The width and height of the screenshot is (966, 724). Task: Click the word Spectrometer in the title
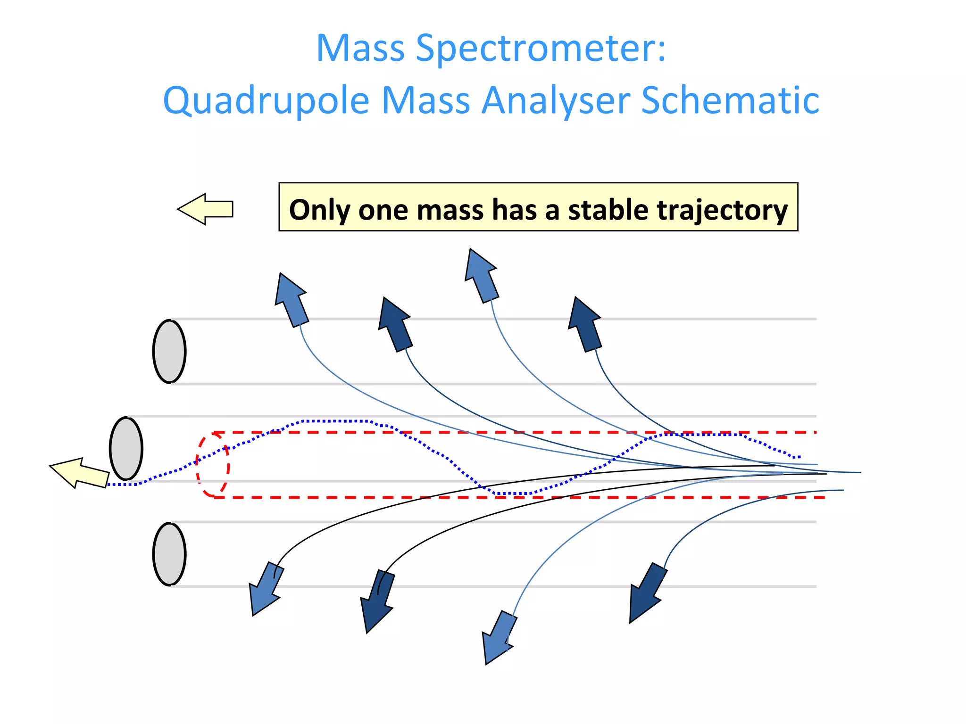(541, 49)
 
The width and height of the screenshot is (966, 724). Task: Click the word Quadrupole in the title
(266, 101)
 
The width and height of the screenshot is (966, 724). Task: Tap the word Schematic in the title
(730, 101)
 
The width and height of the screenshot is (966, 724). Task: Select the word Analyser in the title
(556, 101)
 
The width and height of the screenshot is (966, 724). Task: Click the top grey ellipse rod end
(169, 352)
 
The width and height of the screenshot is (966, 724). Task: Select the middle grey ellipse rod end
(126, 449)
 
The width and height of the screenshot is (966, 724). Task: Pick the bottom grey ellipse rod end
(169, 554)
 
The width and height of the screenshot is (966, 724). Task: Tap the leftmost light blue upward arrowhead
(291, 298)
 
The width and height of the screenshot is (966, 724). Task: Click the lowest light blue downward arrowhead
(498, 639)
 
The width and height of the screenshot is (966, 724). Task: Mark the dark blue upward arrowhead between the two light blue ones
(395, 324)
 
